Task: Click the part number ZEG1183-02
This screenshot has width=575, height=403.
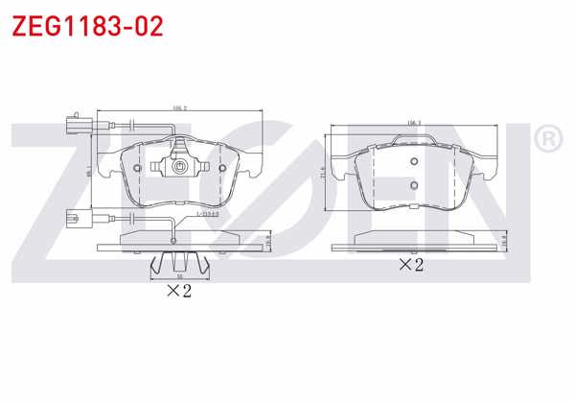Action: tap(86, 26)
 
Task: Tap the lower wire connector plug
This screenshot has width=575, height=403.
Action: tap(69, 218)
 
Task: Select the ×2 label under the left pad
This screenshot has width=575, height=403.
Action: tap(179, 291)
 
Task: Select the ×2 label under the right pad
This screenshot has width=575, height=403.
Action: tap(411, 264)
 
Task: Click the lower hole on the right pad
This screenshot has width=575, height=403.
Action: tap(413, 185)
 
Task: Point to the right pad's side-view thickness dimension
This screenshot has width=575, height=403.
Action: tap(505, 243)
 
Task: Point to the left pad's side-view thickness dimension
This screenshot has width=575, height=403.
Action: tap(270, 243)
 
